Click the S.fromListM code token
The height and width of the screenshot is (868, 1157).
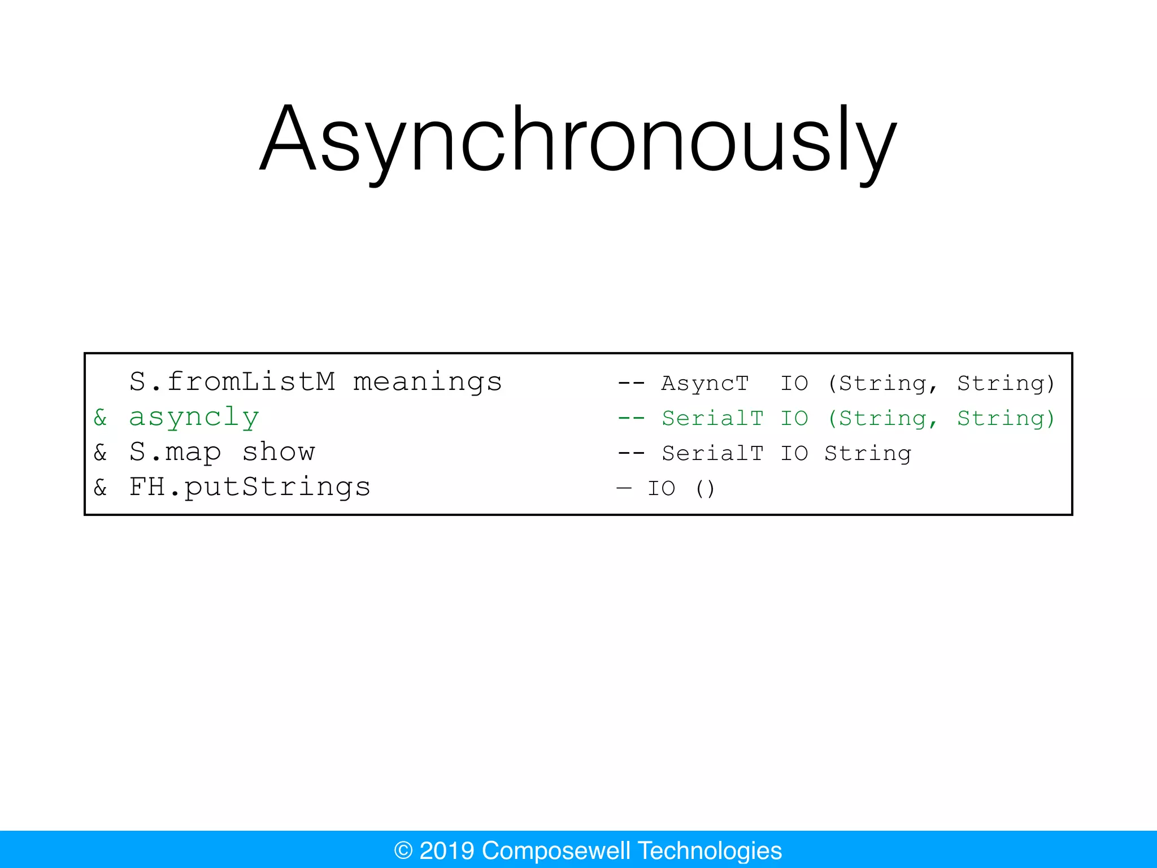click(232, 382)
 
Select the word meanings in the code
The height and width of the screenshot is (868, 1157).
click(427, 382)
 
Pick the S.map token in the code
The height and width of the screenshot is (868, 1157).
click(175, 453)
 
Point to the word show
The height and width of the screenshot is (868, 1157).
click(279, 453)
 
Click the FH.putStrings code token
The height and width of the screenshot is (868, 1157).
click(250, 487)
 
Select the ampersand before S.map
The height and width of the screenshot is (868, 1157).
click(101, 453)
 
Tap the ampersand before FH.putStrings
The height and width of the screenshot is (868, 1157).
click(101, 488)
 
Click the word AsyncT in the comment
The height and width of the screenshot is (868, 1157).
click(704, 384)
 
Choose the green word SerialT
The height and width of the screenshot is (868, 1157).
click(712, 419)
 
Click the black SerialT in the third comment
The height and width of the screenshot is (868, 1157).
click(712, 454)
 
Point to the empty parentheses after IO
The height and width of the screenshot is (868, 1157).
click(705, 489)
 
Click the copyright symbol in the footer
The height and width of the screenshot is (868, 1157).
click(403, 850)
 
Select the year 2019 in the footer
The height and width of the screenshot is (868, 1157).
click(446, 850)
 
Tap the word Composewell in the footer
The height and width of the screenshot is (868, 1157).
click(556, 850)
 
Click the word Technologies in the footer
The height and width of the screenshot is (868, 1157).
click(710, 850)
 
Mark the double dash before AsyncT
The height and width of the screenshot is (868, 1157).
click(631, 384)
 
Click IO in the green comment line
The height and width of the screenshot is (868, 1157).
click(794, 419)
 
